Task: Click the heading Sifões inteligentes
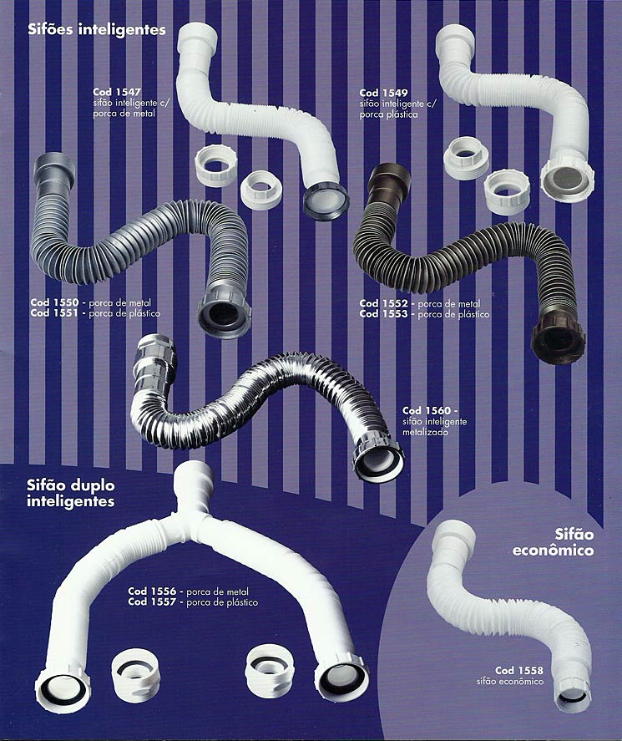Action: (97, 30)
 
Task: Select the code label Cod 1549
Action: (383, 93)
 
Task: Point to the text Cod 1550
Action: (54, 302)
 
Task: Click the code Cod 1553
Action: (383, 314)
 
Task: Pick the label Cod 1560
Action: (427, 411)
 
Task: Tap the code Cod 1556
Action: (152, 591)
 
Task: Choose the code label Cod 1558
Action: (519, 670)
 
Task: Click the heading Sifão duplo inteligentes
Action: (71, 494)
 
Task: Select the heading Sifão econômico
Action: (553, 542)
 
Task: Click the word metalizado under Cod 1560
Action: (426, 432)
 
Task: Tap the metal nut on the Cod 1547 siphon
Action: (326, 200)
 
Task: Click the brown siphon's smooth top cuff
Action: (389, 182)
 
